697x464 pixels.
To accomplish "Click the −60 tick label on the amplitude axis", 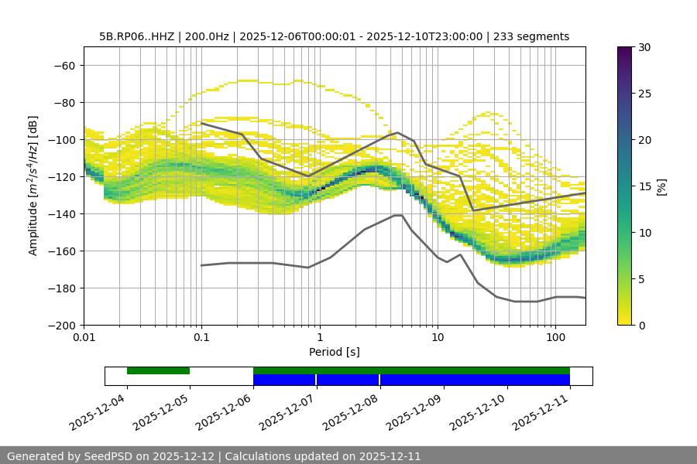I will (63, 66).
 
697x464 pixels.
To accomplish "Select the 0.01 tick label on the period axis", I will (84, 338).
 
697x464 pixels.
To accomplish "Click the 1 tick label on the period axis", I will (320, 338).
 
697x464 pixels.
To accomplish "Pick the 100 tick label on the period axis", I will (555, 338).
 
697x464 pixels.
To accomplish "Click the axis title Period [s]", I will (335, 352).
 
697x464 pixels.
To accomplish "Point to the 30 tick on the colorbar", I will (644, 47).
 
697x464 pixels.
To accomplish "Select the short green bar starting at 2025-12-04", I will (158, 370).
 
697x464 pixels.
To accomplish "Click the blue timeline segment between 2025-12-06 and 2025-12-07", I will (284, 380).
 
